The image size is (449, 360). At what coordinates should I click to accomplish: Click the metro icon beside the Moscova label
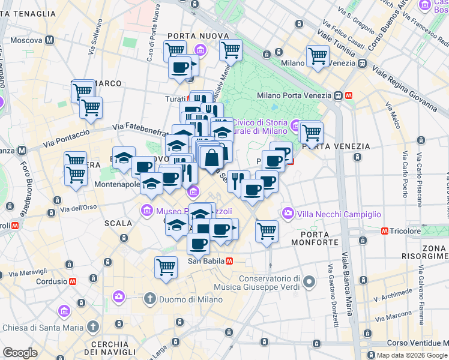point(49,40)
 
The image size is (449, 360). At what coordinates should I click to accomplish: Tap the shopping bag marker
point(211,159)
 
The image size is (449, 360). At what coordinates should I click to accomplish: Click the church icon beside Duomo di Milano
point(150,298)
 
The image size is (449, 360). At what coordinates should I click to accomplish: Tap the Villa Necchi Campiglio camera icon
point(289,214)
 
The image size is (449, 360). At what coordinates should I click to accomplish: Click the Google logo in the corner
point(20,353)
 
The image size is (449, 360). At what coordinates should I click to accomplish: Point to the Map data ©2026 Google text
point(408,355)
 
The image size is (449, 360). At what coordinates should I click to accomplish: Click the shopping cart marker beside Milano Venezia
point(318,57)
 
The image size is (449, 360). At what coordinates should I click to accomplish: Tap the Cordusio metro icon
point(73,281)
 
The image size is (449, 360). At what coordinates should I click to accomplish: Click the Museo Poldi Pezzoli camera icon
point(146,211)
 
